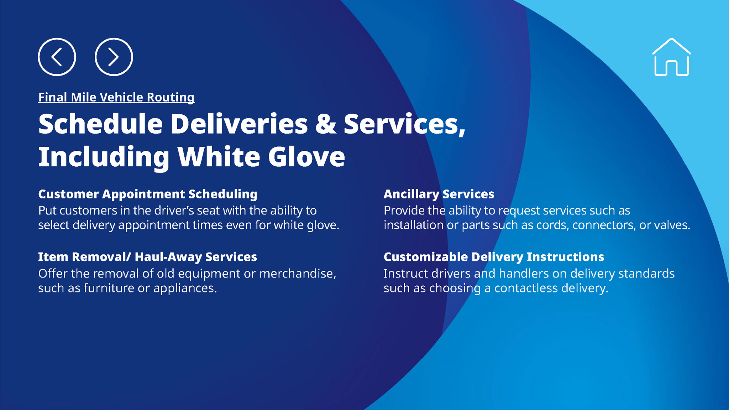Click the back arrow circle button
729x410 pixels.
57,57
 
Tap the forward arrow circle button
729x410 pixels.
114,57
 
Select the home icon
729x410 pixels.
671,57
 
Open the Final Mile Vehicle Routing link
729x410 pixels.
116,97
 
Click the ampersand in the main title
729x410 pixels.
326,124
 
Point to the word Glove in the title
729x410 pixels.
306,157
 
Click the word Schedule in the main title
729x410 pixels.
100,124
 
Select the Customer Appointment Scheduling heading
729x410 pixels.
148,194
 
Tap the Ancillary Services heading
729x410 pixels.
439,194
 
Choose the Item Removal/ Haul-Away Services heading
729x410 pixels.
148,257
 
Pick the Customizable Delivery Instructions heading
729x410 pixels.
494,257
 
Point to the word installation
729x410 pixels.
413,225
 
